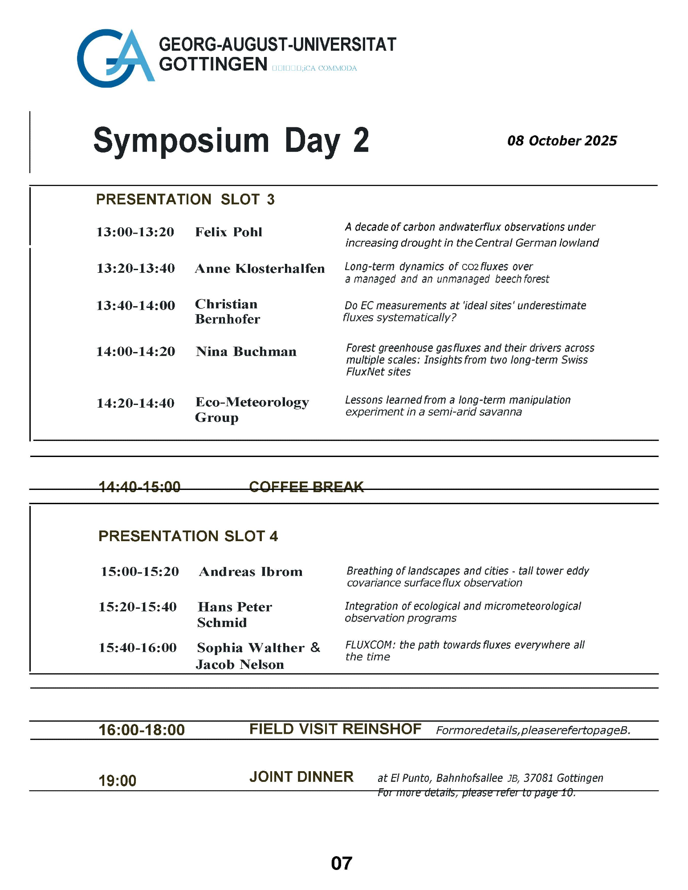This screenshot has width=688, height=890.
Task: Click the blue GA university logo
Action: tap(115, 58)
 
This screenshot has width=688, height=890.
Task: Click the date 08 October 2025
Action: tap(562, 141)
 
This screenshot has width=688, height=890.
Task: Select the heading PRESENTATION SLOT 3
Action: tap(185, 199)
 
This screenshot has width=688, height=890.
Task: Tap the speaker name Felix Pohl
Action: tap(228, 232)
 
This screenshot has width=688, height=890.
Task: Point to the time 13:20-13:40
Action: tap(136, 268)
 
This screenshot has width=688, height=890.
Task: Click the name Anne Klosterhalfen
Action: tap(260, 268)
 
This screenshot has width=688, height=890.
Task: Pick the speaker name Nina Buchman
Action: tap(246, 352)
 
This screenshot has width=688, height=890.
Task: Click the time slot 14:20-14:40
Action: tap(135, 403)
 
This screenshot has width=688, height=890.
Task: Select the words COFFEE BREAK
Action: tap(306, 486)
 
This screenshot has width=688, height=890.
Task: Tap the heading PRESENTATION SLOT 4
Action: tap(188, 536)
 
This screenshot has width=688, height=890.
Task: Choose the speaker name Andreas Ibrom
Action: tap(251, 572)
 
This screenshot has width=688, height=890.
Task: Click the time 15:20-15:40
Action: tap(138, 607)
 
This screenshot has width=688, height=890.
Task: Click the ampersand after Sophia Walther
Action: tap(315, 647)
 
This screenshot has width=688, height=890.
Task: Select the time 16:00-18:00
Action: tap(142, 730)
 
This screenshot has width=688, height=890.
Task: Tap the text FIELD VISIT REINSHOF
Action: tap(335, 729)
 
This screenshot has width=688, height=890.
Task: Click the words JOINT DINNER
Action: tap(301, 777)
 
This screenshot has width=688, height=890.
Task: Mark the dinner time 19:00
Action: tap(117, 781)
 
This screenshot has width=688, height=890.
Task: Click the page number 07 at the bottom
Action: tap(342, 864)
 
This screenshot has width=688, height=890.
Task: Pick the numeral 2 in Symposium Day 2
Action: tap(361, 141)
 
